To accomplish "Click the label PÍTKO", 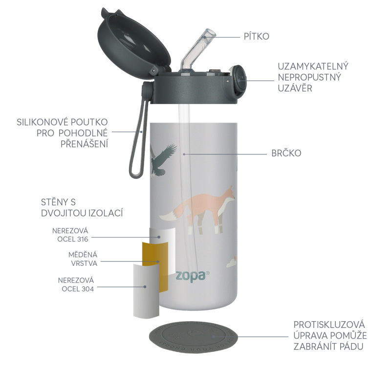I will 257,36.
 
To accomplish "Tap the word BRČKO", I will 286,153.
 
